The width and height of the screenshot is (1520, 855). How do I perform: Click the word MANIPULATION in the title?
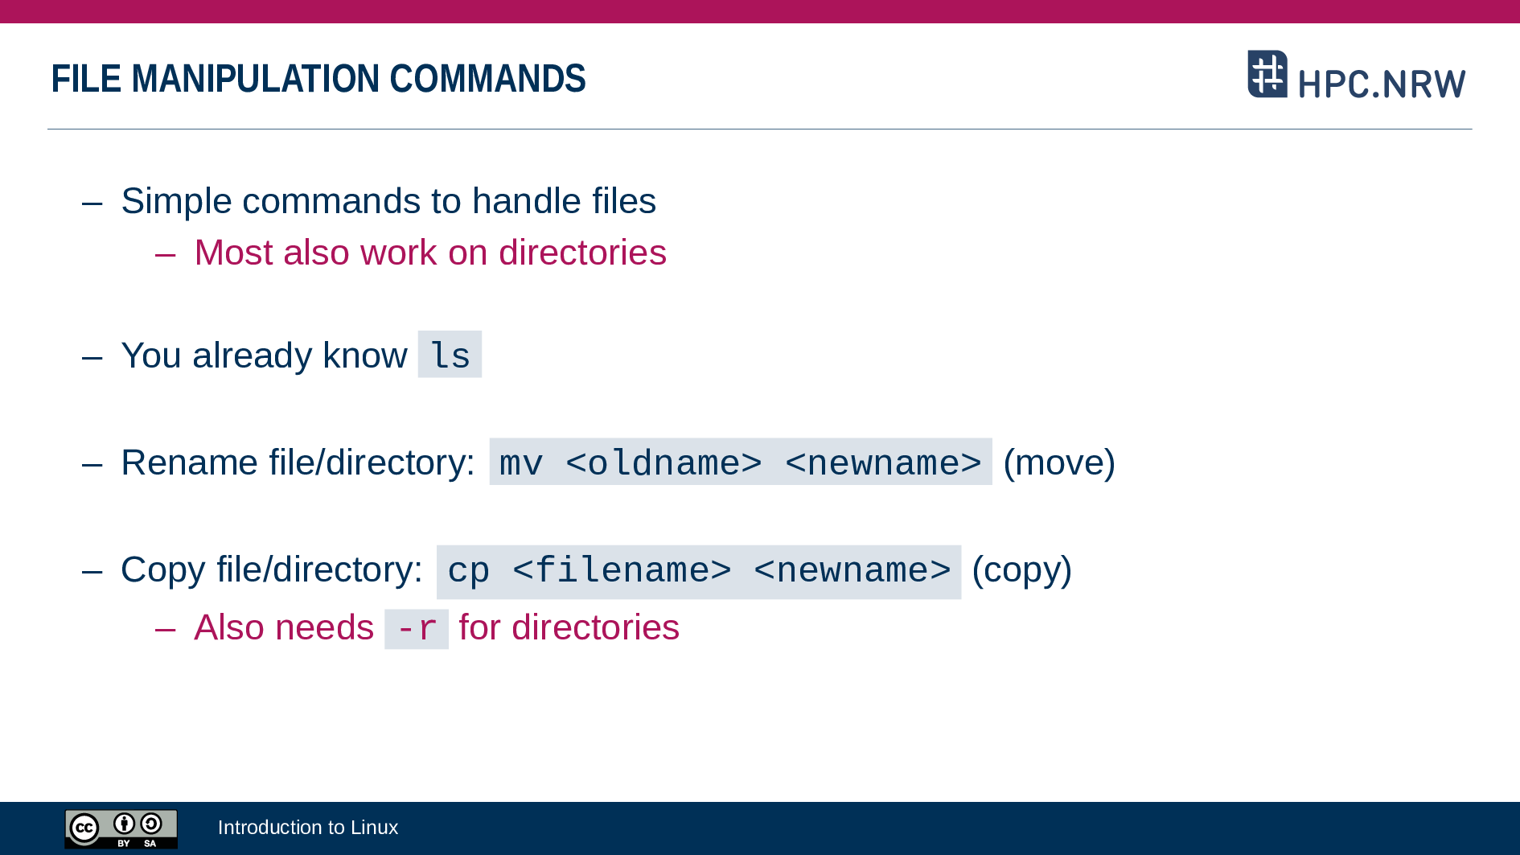256,79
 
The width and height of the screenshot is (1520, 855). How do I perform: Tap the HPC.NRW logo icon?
1267,74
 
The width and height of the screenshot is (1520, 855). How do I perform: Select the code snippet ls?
450,355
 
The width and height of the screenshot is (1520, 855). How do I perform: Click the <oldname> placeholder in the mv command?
663,462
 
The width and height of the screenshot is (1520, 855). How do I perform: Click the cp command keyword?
468,571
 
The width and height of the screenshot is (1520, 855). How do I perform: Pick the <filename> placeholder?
622,570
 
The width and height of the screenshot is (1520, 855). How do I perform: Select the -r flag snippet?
417,629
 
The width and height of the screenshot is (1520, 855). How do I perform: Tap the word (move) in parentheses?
1059,462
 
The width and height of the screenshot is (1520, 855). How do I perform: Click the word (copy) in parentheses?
1021,570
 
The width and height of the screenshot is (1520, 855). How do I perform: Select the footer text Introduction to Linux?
308,828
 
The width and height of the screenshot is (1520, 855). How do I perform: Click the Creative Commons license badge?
121,829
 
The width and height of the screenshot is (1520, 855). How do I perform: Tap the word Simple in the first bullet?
176,201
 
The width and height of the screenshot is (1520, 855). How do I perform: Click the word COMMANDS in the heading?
487,79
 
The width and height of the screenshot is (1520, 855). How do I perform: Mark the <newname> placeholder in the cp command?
852,570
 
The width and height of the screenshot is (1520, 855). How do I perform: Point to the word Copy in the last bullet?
163,570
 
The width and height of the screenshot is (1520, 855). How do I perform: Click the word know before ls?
365,356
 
